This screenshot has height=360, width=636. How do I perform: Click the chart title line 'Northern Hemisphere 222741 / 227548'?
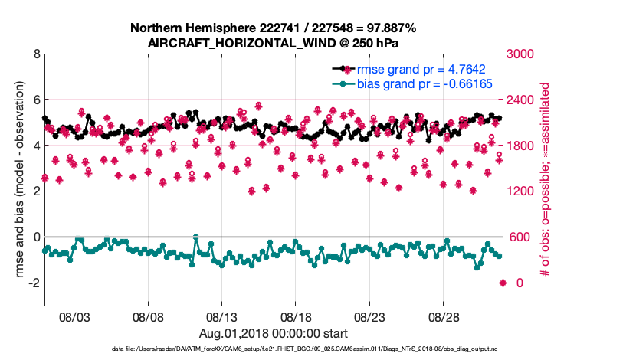coord(273,28)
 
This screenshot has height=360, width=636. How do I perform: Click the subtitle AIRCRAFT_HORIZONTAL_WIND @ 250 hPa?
coord(273,44)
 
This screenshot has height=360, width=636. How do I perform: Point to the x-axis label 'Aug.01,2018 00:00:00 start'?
coord(273,334)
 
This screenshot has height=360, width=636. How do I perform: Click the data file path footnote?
coord(273,349)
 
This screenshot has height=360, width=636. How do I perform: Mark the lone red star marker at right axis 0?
coord(503,283)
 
